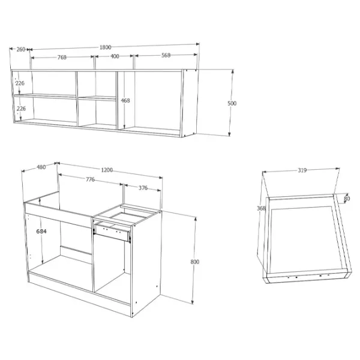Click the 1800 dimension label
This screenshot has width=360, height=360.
pyautogui.click(x=106, y=47)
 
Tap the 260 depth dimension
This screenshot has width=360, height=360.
pyautogui.click(x=20, y=49)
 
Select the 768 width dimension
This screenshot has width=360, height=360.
pyautogui.click(x=62, y=57)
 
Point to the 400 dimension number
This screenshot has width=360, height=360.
pyautogui.click(x=115, y=56)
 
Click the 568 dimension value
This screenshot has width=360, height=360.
pyautogui.click(x=166, y=55)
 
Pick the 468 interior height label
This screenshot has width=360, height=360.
pyautogui.click(x=125, y=100)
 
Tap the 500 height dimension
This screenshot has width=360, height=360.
pyautogui.click(x=232, y=103)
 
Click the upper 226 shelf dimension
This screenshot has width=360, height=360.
pyautogui.click(x=20, y=83)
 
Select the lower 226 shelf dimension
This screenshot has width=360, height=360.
pyautogui.click(x=21, y=109)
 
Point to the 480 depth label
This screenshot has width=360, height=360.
pyautogui.click(x=41, y=167)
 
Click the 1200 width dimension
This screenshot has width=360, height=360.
pyautogui.click(x=107, y=170)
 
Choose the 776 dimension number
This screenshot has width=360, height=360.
pyautogui.click(x=90, y=179)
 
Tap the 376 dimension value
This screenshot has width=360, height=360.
pyautogui.click(x=143, y=188)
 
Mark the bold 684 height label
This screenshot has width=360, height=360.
pyautogui.click(x=41, y=231)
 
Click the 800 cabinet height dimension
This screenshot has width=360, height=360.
pyautogui.click(x=194, y=262)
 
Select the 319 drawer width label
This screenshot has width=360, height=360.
pyautogui.click(x=302, y=170)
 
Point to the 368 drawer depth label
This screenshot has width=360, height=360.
pyautogui.click(x=261, y=208)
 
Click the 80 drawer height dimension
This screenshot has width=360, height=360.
pyautogui.click(x=347, y=199)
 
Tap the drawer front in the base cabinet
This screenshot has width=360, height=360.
pyautogui.click(x=112, y=232)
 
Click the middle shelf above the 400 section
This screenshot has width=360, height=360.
pyautogui.click(x=97, y=98)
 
